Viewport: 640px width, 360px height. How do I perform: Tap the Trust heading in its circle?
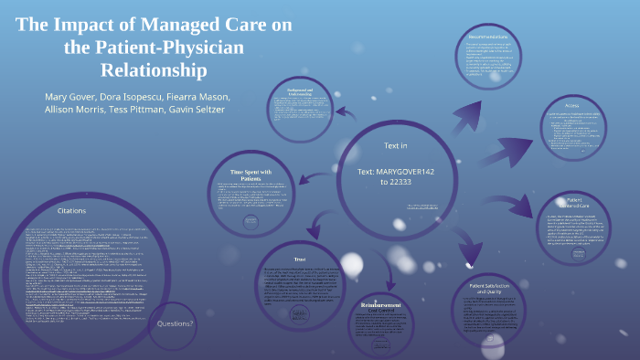(306, 259)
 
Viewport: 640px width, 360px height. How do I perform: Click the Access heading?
(571, 104)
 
